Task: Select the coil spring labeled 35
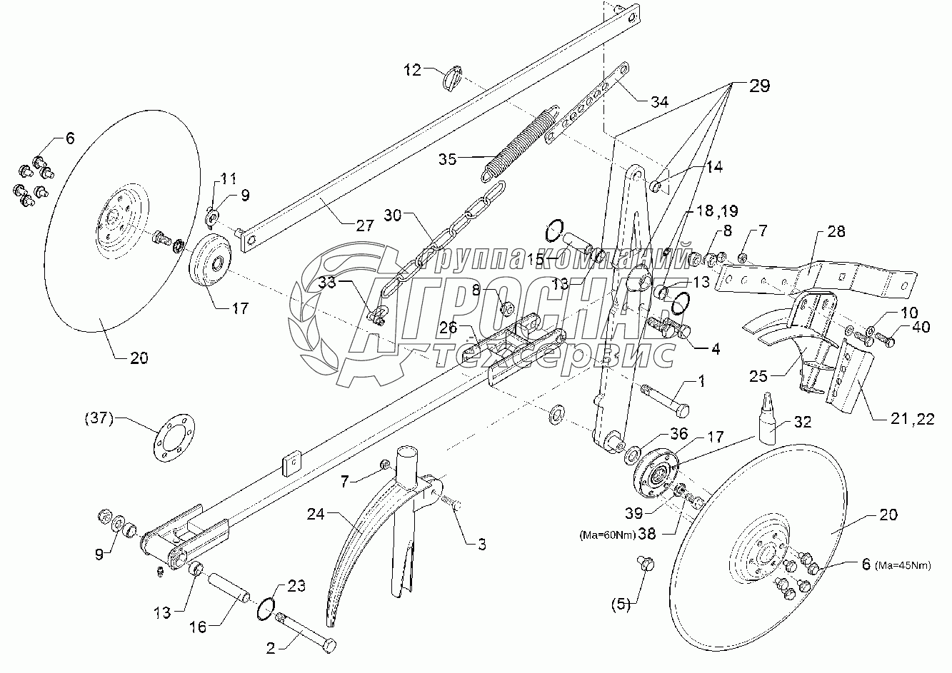pyautogui.click(x=520, y=143)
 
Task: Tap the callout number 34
pyautogui.click(x=659, y=102)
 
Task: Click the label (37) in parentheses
pyautogui.click(x=99, y=419)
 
